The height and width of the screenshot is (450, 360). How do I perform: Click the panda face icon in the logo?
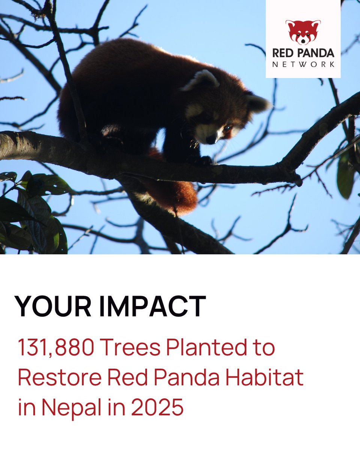click(303, 32)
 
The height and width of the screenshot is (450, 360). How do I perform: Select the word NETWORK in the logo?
click(303, 64)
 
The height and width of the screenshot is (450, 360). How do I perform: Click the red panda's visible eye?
click(227, 129)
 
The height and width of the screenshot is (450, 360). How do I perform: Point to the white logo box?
click(303, 39)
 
